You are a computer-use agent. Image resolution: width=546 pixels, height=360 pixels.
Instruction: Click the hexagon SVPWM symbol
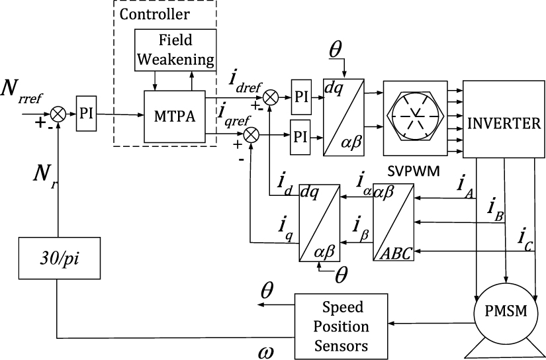[418, 119]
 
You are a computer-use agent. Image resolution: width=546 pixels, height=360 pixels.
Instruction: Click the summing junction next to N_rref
[59, 114]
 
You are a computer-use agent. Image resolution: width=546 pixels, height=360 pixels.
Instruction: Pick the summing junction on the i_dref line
[270, 97]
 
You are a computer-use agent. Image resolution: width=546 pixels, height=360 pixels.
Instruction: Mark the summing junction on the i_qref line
[251, 136]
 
